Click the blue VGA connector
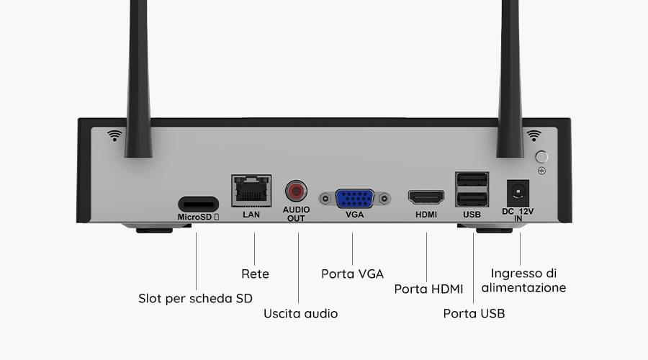tap(355, 199)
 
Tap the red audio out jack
tap(296, 192)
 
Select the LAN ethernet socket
tap(251, 191)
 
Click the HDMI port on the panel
tap(426, 197)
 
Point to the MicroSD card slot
tap(199, 204)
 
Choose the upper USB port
tap(472, 180)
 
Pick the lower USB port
tap(472, 199)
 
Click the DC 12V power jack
tap(518, 193)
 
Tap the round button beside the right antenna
tap(541, 157)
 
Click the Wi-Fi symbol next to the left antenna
tap(114, 135)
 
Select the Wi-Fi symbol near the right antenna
tap(534, 135)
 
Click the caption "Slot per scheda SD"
tap(195, 298)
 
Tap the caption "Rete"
tap(255, 274)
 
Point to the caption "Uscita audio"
tap(300, 314)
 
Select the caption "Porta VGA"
tap(353, 274)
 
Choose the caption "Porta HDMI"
tap(428, 289)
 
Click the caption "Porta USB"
tap(474, 314)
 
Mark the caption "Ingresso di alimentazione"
tap(523, 280)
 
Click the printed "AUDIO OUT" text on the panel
tap(296, 214)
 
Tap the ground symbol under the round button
tap(541, 171)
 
